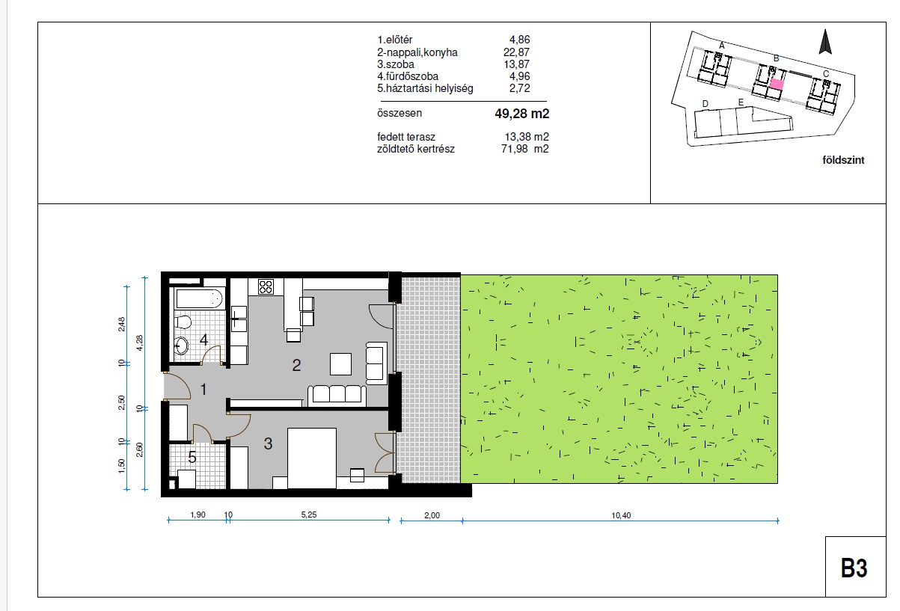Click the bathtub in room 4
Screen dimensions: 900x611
(199, 299)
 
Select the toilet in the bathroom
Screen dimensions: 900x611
(183, 322)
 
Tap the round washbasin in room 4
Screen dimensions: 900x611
(181, 345)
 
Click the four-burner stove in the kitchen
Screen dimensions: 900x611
(266, 286)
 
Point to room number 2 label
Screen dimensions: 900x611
(296, 365)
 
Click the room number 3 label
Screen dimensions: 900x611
(268, 443)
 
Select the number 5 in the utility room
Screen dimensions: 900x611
(192, 457)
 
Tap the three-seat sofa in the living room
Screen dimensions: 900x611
(337, 396)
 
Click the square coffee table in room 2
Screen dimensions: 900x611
(340, 364)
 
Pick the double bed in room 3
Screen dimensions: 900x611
(312, 458)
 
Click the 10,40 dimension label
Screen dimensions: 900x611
(621, 515)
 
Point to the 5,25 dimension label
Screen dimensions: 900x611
(309, 515)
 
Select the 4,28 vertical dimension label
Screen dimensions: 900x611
(139, 343)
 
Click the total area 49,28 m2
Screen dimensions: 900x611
(522, 114)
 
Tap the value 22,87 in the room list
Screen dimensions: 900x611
(516, 52)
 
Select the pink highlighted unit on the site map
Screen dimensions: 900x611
(777, 84)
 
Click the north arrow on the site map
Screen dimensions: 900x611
(825, 41)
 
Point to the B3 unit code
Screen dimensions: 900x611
(854, 568)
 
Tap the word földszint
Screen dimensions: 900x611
(843, 160)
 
